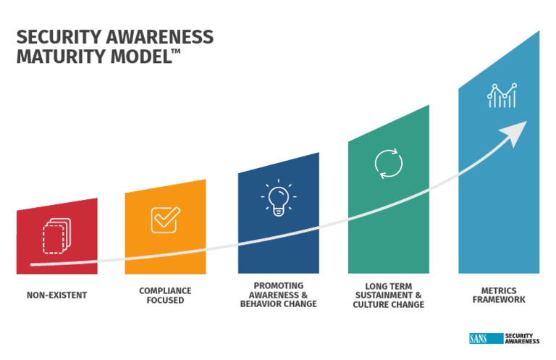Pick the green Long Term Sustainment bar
[x=388, y=217]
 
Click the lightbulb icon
[x=278, y=199]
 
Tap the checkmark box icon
[x=165, y=219]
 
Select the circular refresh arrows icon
[x=388, y=164]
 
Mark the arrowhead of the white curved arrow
[x=515, y=133]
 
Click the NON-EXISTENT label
[x=56, y=296]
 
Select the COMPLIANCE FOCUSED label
[x=165, y=296]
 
